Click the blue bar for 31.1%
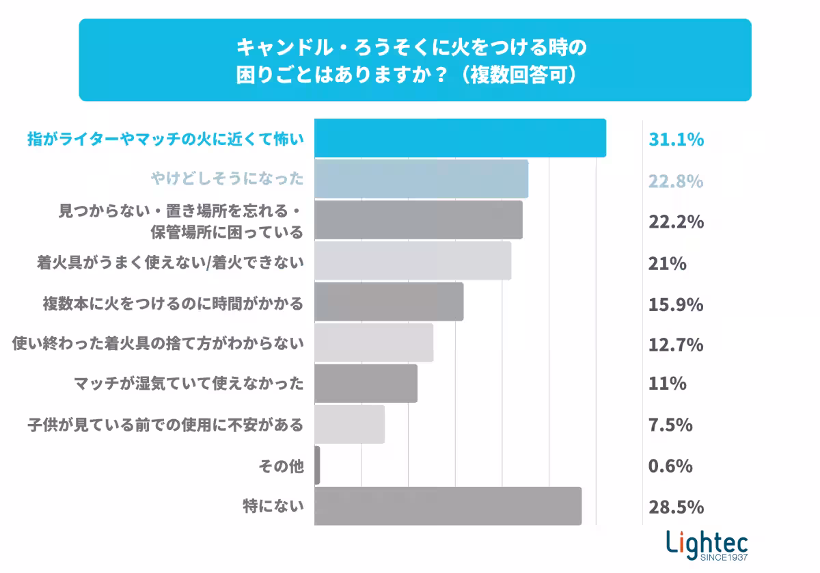(460, 138)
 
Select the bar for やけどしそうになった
(421, 179)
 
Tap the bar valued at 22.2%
(418, 220)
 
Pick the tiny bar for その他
(317, 466)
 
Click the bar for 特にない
(448, 506)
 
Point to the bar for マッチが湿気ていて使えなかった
(366, 384)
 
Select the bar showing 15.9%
(389, 302)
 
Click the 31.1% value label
(676, 140)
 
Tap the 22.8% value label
(676, 181)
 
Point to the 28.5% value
(676, 507)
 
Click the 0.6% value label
(670, 466)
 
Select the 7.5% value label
(670, 425)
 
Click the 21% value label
(667, 263)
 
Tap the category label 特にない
(273, 507)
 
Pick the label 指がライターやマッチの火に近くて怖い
(165, 139)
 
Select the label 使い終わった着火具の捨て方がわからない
(158, 344)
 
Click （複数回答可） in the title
(521, 75)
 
